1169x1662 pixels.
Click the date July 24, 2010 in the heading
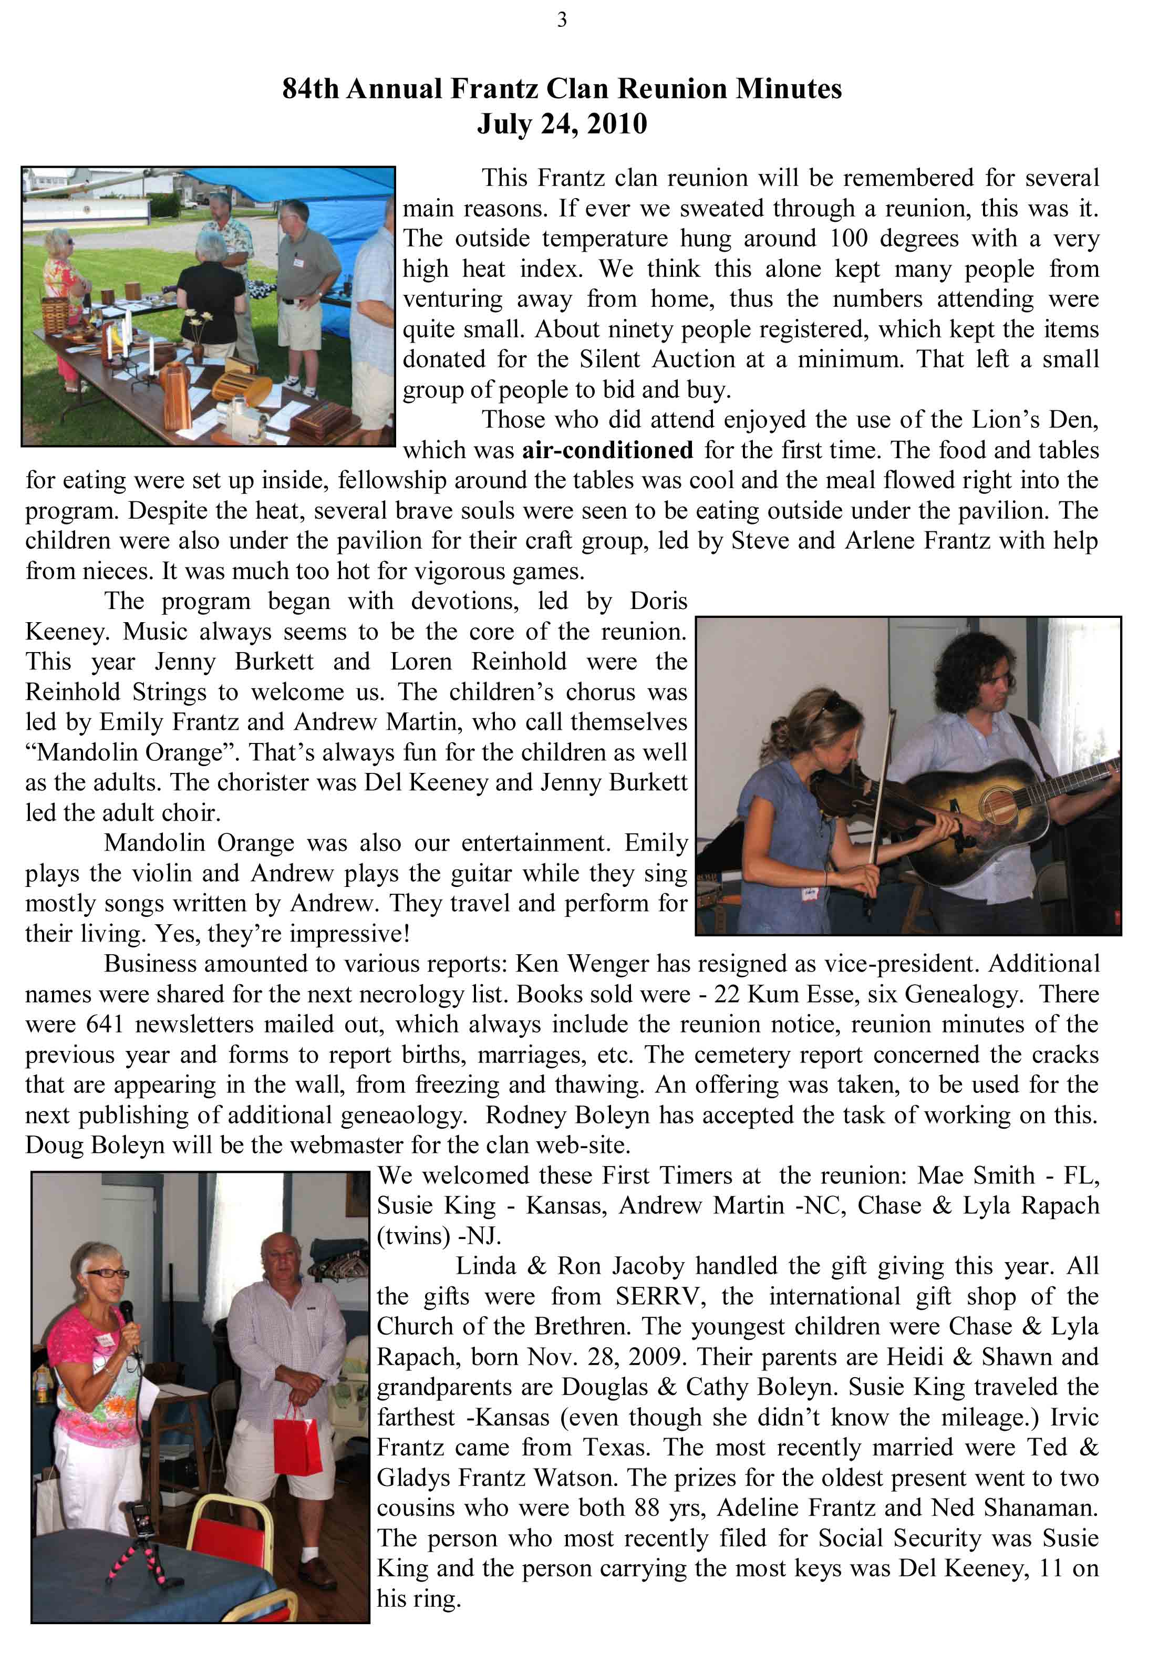pyautogui.click(x=562, y=124)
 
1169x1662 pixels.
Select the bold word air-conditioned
pyautogui.click(x=607, y=450)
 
